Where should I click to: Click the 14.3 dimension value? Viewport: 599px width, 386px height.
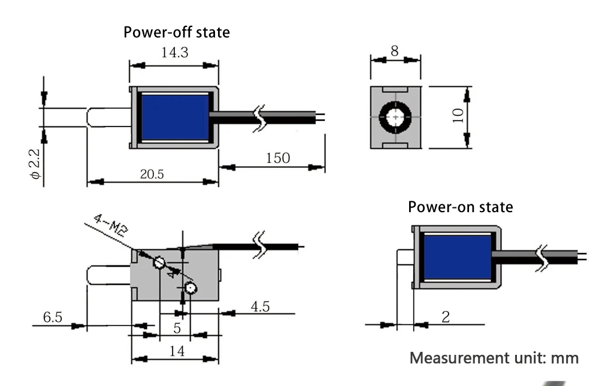(x=174, y=53)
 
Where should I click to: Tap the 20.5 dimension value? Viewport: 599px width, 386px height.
(x=153, y=174)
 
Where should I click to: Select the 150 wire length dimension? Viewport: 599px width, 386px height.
(x=277, y=158)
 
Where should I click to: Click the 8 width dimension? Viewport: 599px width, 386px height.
(x=394, y=51)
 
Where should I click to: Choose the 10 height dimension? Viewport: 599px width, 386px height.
(x=458, y=115)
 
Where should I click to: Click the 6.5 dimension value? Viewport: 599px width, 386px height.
(x=53, y=316)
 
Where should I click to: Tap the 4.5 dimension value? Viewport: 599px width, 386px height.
(x=260, y=307)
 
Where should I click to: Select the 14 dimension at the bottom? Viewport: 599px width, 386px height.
(x=177, y=351)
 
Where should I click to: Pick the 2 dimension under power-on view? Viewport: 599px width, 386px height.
(x=445, y=316)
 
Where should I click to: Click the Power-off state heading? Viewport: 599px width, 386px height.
(x=176, y=32)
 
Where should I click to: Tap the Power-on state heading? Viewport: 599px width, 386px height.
(x=460, y=207)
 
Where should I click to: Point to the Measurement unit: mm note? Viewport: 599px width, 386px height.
(x=494, y=358)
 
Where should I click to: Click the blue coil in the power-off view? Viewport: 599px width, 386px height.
(x=174, y=117)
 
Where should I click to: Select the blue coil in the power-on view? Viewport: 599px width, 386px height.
(x=457, y=257)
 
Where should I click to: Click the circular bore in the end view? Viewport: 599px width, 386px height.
(x=395, y=116)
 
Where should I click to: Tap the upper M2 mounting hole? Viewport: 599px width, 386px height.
(x=159, y=263)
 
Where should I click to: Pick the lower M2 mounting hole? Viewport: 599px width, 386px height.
(x=190, y=288)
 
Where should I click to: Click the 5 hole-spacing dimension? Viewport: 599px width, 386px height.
(x=177, y=328)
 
